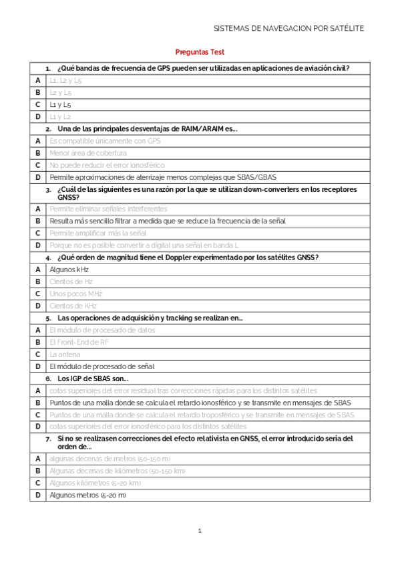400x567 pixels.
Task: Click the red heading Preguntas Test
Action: (x=200, y=51)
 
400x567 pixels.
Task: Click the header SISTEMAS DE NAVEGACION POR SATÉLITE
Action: (x=288, y=29)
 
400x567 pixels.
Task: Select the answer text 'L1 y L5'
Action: (x=61, y=105)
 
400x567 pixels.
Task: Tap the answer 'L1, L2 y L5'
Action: (x=66, y=80)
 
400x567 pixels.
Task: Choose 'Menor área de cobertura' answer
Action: (x=88, y=153)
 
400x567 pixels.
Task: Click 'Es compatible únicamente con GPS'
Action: (x=106, y=141)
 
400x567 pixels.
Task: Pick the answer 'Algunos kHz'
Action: (x=69, y=269)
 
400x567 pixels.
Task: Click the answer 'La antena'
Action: (x=65, y=354)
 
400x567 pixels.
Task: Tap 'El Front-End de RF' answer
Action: (x=79, y=342)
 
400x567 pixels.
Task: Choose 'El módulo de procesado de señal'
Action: (x=102, y=366)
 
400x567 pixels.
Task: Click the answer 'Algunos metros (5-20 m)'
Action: (x=88, y=495)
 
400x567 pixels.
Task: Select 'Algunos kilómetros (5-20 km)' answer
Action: (x=95, y=483)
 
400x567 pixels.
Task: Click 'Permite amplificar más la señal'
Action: (x=98, y=233)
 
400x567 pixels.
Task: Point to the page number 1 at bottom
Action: (x=199, y=531)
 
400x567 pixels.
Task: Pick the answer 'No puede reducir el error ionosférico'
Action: (x=108, y=165)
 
